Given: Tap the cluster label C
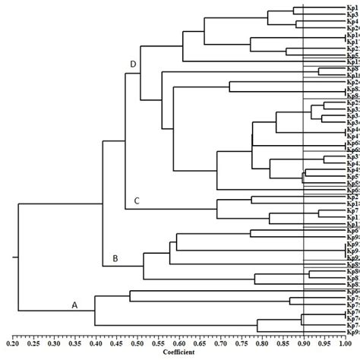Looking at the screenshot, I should pos(137,201).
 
